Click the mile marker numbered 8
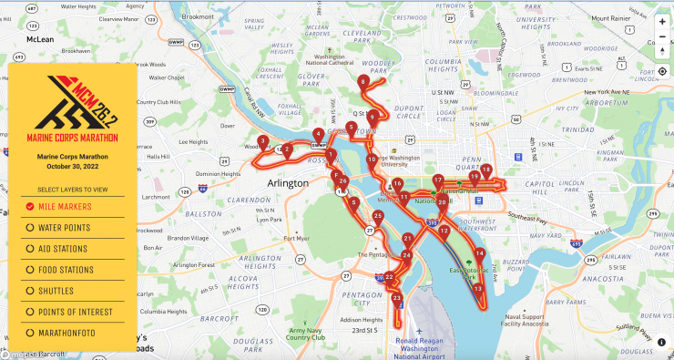363,82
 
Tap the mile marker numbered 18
486,170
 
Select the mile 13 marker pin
478,289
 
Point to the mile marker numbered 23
396,298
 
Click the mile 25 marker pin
378,217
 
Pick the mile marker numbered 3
262,142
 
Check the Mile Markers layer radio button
30,207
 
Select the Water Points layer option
30,227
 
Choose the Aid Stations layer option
30,248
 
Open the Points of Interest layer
30,312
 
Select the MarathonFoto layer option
30,333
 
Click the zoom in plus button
662,21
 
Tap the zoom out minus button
662,37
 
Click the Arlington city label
289,182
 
